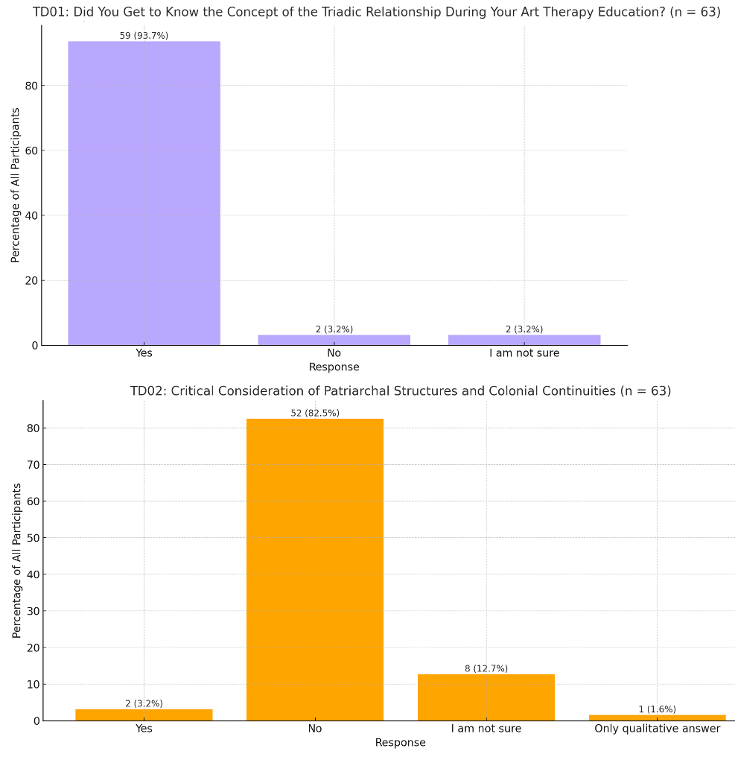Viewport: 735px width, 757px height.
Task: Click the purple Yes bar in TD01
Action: click(x=144, y=193)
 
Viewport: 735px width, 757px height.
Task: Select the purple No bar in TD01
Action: click(x=334, y=340)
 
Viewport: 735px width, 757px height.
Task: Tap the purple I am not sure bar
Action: click(x=524, y=340)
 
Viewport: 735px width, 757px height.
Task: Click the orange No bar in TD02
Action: click(x=314, y=569)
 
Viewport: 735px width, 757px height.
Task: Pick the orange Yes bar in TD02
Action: click(x=144, y=715)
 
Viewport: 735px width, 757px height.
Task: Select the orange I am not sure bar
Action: click(x=486, y=697)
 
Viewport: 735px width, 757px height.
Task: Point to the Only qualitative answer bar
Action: click(x=657, y=718)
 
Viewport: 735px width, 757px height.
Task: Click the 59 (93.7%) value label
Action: click(x=144, y=36)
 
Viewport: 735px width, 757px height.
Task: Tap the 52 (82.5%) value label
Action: click(x=314, y=413)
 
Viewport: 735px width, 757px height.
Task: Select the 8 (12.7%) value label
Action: click(x=486, y=668)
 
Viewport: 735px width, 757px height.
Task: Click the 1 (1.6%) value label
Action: click(x=657, y=709)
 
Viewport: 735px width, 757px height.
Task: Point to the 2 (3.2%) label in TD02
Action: click(x=144, y=703)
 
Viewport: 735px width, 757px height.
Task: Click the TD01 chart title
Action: click(x=376, y=12)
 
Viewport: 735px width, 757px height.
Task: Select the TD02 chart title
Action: click(x=400, y=391)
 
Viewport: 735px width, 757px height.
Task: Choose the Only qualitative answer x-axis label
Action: click(x=657, y=729)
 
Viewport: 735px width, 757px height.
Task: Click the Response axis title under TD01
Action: click(x=334, y=367)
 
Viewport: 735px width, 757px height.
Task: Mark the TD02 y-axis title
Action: click(x=17, y=560)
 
